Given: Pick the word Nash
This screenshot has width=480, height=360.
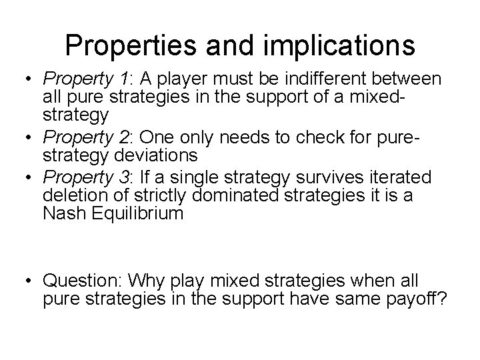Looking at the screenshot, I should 62,213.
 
